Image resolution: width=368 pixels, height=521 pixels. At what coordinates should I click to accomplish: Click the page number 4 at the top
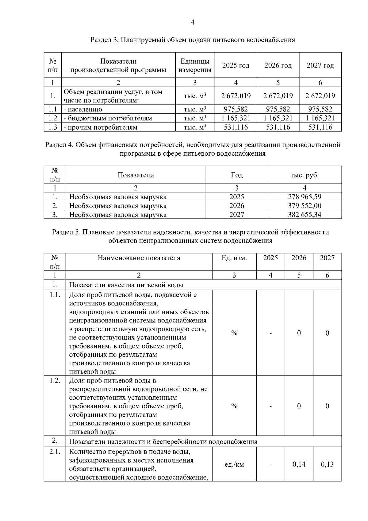(x=193, y=22)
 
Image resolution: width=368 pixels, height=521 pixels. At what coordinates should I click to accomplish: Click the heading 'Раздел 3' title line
(x=193, y=40)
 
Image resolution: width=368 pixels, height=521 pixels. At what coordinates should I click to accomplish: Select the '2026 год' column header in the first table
(x=278, y=65)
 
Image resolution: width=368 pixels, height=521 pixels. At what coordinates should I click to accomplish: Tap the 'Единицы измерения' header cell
(x=195, y=65)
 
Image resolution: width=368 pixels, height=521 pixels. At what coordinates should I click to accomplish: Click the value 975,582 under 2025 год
(x=236, y=109)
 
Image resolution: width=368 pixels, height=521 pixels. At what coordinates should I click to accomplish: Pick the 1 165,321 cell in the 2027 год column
(x=320, y=118)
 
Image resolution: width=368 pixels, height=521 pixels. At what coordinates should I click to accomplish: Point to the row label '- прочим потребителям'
(x=100, y=127)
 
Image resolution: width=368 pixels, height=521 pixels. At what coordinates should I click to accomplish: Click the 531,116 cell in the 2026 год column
(x=278, y=127)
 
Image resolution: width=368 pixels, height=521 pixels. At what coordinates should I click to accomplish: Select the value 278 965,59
(x=305, y=197)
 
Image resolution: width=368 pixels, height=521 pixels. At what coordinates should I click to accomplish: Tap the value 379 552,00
(x=305, y=206)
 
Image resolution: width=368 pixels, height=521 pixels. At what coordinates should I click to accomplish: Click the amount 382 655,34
(x=305, y=215)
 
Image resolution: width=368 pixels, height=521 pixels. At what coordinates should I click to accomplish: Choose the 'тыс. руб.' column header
(x=305, y=175)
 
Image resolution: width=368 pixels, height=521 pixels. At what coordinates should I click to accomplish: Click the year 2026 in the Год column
(x=236, y=206)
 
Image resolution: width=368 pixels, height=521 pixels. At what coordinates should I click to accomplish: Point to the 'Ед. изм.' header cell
(x=234, y=258)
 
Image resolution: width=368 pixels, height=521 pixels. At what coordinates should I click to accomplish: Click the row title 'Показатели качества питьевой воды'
(x=126, y=285)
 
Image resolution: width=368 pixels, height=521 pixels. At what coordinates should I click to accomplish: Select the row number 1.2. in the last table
(x=55, y=380)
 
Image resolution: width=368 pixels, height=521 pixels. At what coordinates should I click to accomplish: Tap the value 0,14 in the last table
(x=299, y=464)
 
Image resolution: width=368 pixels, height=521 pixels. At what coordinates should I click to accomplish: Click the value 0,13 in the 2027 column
(x=327, y=464)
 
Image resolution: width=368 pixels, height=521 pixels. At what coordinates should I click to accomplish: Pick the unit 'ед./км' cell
(x=234, y=464)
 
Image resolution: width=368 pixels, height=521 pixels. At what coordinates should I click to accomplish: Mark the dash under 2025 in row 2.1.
(x=270, y=465)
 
